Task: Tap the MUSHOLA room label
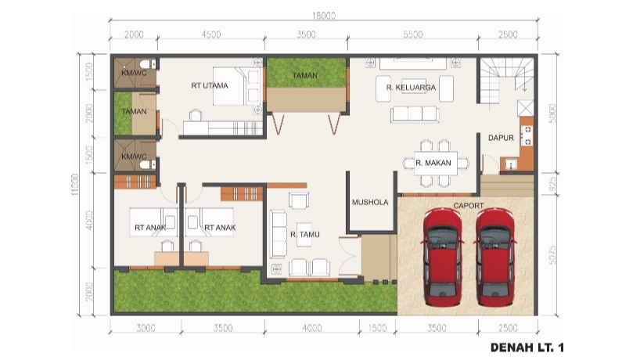tap(370, 202)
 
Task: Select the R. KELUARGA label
tap(412, 88)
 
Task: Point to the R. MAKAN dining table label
tap(431, 164)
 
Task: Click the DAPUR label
tap(501, 138)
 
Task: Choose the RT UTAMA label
tap(210, 85)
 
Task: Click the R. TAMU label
tap(303, 234)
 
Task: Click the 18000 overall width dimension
tap(323, 15)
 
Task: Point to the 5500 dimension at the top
tap(412, 34)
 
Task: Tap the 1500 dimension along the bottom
tap(377, 327)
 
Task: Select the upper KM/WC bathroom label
tap(134, 73)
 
